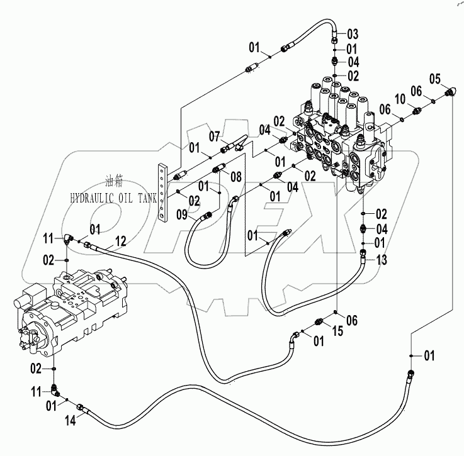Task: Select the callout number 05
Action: [x=435, y=79]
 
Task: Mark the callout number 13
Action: [x=382, y=259]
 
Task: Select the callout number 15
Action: [x=337, y=331]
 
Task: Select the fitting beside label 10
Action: [x=416, y=111]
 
